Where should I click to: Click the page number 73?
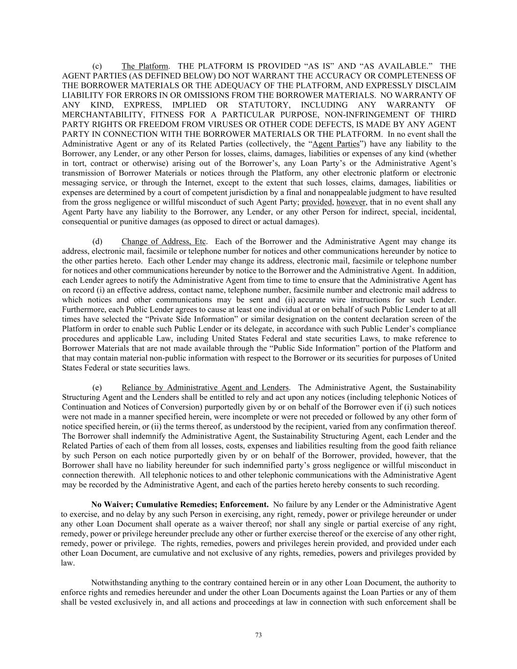click(258, 635)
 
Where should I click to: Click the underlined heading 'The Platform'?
click(145, 66)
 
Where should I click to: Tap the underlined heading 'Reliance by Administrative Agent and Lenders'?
click(205, 388)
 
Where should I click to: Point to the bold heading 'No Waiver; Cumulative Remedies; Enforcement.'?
click(180, 504)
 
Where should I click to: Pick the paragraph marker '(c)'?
click(97, 66)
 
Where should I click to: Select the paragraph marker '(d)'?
click(97, 241)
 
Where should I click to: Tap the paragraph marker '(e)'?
click(97, 388)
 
